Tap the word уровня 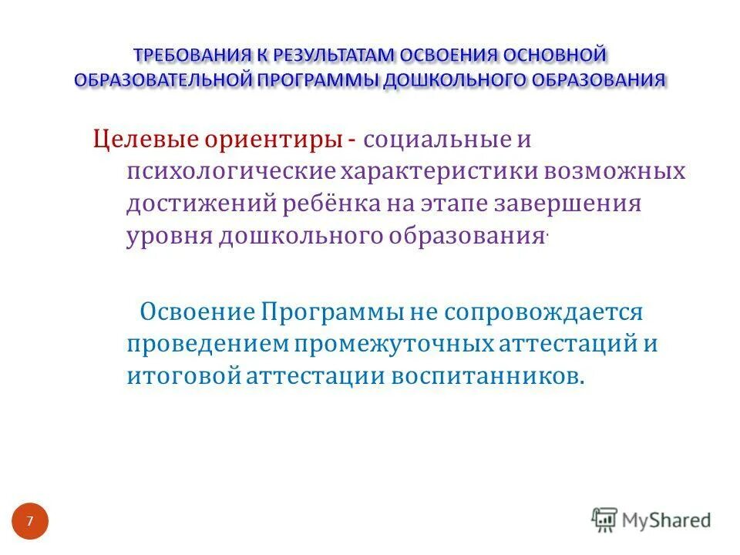click(167, 236)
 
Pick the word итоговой click(185, 376)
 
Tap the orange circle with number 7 click(30, 522)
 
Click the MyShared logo click(651, 520)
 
